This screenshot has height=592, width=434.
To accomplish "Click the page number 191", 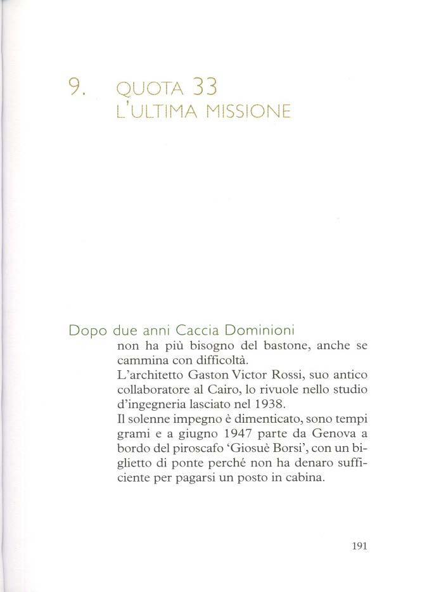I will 359,544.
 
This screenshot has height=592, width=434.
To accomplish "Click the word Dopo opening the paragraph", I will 87,331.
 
